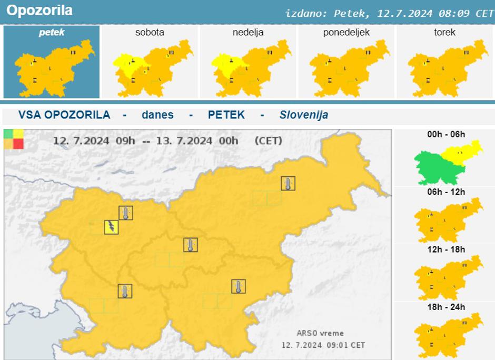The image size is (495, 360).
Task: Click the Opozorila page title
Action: tap(39, 11)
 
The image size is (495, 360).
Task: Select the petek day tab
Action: tap(52, 33)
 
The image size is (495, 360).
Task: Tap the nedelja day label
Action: tap(248, 33)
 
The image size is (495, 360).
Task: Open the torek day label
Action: tap(444, 33)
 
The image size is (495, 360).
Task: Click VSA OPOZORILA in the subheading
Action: tap(64, 115)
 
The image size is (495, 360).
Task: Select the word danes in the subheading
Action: tap(157, 115)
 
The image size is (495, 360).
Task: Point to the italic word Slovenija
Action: tap(304, 115)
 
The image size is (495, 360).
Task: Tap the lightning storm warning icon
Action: tap(111, 227)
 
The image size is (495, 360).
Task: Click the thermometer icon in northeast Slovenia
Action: tap(288, 183)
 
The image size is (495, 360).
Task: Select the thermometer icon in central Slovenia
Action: tap(191, 245)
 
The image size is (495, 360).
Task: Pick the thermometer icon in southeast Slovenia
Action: tap(239, 286)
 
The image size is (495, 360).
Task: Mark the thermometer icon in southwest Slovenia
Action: tap(125, 291)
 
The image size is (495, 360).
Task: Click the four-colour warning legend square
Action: tap(13, 139)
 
